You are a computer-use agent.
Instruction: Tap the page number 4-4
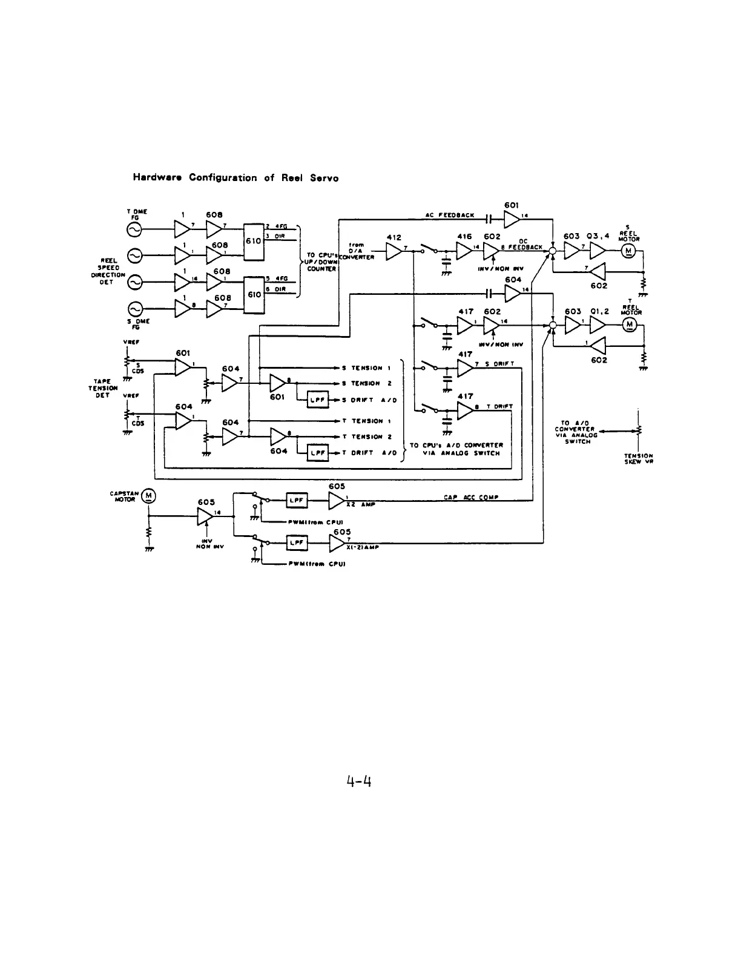[x=358, y=782]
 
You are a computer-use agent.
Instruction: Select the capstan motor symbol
[x=149, y=497]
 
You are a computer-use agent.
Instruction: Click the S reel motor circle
[x=630, y=250]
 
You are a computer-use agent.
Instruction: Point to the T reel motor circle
[x=630, y=326]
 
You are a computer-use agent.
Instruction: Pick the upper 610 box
[x=252, y=240]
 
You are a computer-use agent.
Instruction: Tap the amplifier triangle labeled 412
[x=394, y=251]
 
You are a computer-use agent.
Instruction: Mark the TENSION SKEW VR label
[x=638, y=459]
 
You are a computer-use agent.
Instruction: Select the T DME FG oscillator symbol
[x=134, y=230]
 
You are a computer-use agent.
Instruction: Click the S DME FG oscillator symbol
[x=134, y=309]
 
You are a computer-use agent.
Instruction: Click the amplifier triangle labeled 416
[x=464, y=251]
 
